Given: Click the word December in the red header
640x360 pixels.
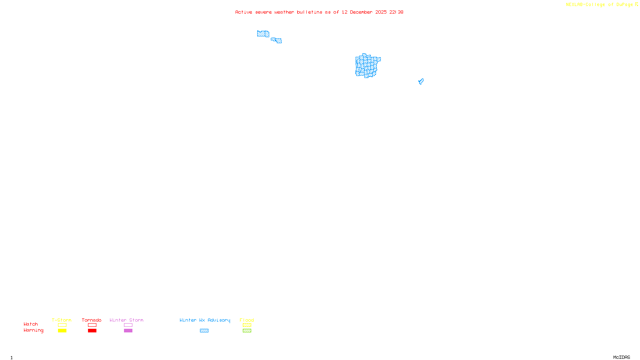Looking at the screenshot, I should click(361, 12).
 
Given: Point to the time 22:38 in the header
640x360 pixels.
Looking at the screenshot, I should click(396, 12).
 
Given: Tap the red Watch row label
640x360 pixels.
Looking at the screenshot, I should click(31, 324).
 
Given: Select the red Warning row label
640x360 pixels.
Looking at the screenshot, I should click(34, 330).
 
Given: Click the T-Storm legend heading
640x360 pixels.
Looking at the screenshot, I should click(62, 320).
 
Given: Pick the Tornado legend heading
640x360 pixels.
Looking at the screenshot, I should click(92, 320).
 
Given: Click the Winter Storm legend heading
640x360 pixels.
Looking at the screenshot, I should click(126, 320).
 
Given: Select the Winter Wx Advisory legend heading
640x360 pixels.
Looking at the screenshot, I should click(205, 320).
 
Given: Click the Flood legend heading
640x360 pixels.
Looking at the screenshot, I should click(247, 320).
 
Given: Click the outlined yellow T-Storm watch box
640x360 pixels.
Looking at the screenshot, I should click(62, 325).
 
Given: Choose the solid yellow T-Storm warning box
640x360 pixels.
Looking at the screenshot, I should click(62, 331).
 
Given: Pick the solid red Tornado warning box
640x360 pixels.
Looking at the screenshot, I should click(92, 331).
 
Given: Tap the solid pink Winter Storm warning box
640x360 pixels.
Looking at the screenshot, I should click(128, 331).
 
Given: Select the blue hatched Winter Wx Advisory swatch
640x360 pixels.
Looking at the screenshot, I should click(204, 331).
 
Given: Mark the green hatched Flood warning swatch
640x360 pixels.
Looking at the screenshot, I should click(247, 331).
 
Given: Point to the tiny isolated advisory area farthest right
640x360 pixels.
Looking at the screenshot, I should click(421, 82).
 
